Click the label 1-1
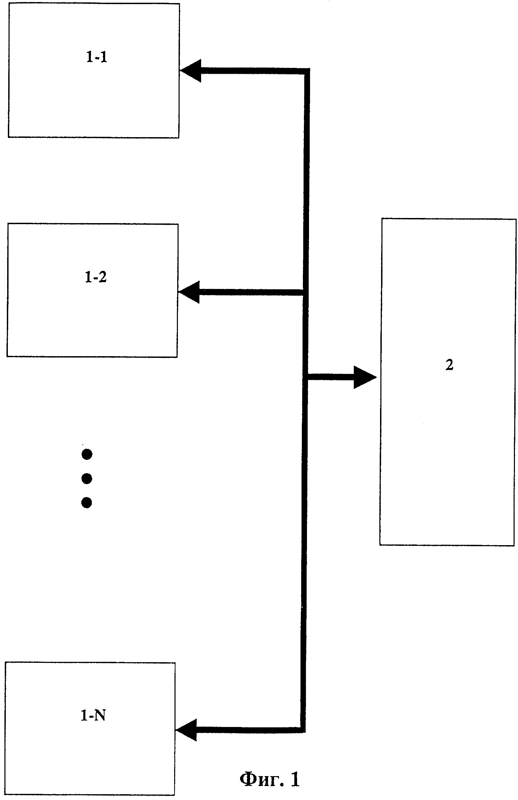coord(97,57)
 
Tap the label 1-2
coord(96,278)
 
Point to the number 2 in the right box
coord(450,365)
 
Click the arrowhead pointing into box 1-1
coord(191,71)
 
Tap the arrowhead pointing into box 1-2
coord(189,292)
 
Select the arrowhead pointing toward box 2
coord(365,377)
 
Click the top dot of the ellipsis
coord(87,454)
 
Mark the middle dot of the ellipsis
coord(87,479)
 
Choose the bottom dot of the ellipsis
coord(87,503)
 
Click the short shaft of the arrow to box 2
coord(331,377)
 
